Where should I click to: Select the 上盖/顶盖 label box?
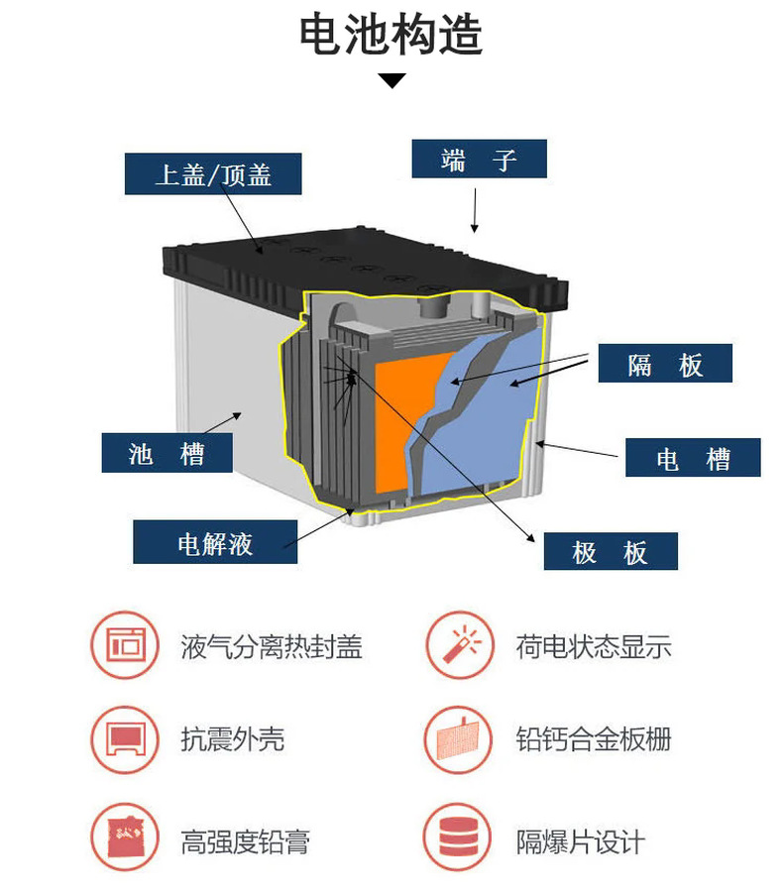coord(213,174)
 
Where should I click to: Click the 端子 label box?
coord(479,159)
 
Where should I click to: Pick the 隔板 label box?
coord(664,364)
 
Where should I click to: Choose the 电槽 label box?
coord(692,458)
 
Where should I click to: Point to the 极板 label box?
coord(610,551)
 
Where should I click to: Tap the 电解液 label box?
coord(215,543)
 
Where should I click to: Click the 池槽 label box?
coord(167,453)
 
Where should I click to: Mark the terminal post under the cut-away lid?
coord(433,306)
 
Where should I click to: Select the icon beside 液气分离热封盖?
coord(125,646)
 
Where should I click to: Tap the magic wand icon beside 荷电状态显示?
coord(459,646)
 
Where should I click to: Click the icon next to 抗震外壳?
coord(125,739)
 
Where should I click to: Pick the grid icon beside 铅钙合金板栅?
coord(459,739)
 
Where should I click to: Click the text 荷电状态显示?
coord(593,647)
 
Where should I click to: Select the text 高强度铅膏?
coord(245,842)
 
